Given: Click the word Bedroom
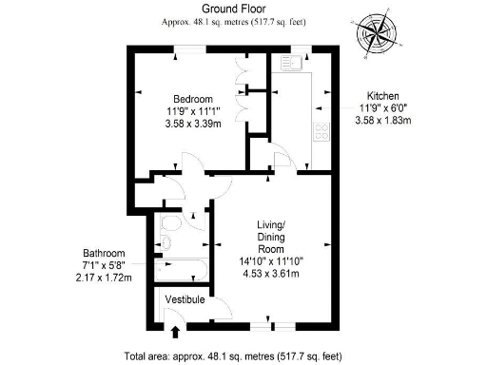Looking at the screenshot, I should (x=191, y=100).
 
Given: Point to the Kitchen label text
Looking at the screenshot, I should (x=382, y=96).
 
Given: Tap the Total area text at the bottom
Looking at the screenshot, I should (x=243, y=356).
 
